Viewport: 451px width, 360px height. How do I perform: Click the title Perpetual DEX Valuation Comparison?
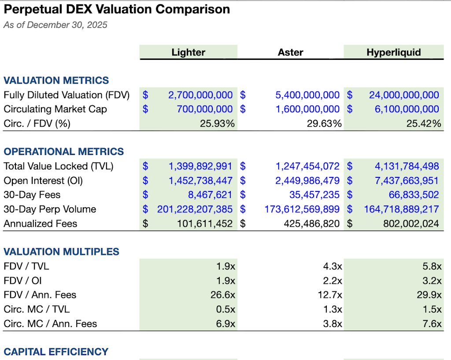(117, 9)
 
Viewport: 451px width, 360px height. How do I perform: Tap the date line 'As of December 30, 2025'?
(55, 25)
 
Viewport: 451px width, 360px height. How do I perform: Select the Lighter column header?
(188, 52)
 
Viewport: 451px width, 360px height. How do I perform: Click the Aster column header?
(290, 52)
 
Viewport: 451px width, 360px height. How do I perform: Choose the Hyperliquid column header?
(393, 52)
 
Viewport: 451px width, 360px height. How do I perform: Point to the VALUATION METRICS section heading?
(56, 81)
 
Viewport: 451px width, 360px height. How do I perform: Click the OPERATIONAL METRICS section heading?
(64, 152)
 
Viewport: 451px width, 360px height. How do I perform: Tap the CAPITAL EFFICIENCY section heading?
(56, 352)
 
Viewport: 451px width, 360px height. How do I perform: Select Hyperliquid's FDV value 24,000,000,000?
(404, 95)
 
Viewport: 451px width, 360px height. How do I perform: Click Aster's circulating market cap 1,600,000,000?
(307, 109)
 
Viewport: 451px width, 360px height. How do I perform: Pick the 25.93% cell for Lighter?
(217, 124)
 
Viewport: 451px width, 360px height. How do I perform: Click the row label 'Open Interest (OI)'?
(43, 180)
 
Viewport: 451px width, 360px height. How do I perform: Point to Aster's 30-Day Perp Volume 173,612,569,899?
(302, 209)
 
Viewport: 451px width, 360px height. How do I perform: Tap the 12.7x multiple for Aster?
(333, 295)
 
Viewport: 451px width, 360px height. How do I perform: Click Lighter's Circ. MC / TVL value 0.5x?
(225, 309)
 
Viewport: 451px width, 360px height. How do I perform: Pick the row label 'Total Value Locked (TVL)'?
(58, 166)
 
